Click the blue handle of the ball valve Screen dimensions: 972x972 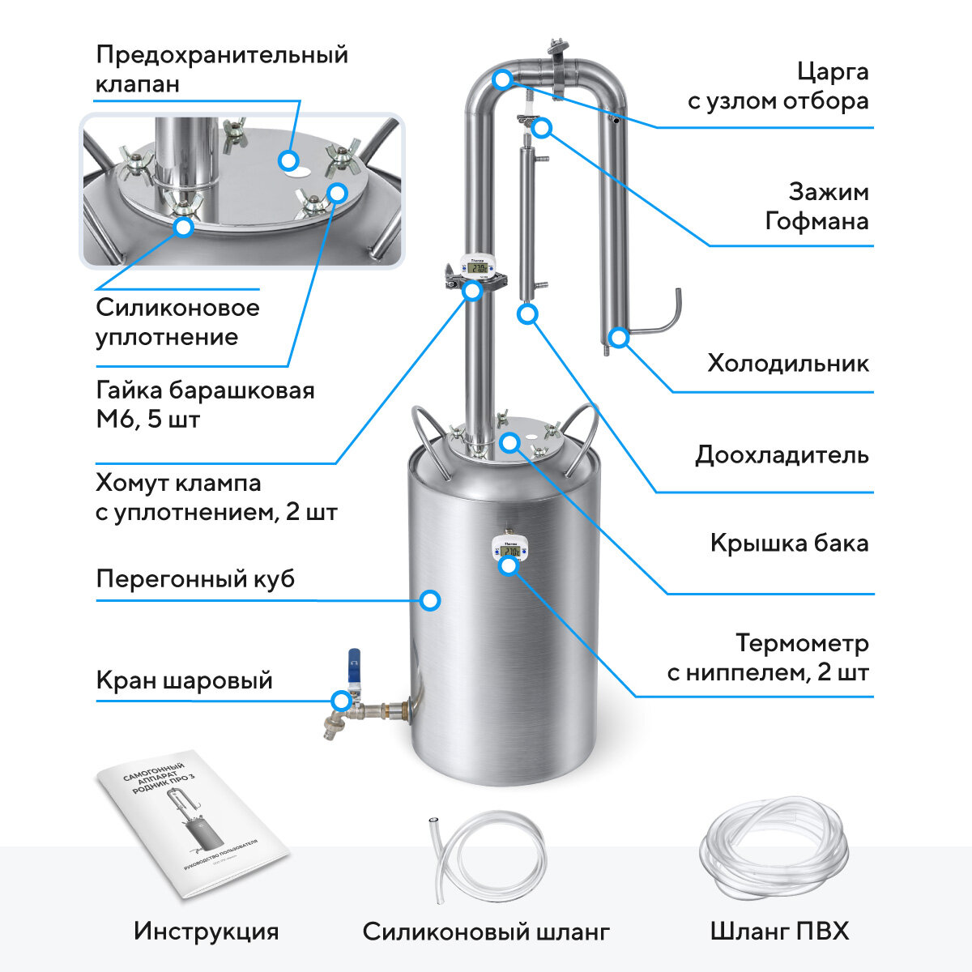pyautogui.click(x=354, y=666)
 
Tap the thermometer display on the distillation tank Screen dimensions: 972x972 pyautogui.click(x=510, y=551)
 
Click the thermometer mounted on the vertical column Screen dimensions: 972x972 pyautogui.click(x=480, y=267)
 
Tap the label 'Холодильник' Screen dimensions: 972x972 pyautogui.click(x=787, y=362)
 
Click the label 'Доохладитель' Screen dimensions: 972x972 pyautogui.click(x=782, y=454)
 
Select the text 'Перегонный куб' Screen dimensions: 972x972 pyautogui.click(x=195, y=579)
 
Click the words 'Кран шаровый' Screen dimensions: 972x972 pyautogui.click(x=184, y=680)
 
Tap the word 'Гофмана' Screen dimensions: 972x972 pyautogui.click(x=816, y=220)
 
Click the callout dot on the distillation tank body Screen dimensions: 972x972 pyautogui.click(x=431, y=600)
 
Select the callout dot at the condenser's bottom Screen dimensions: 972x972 pyautogui.click(x=618, y=337)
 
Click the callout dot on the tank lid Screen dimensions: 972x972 pyautogui.click(x=509, y=441)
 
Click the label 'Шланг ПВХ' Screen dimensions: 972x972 pyautogui.click(x=779, y=932)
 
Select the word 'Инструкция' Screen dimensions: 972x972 pyautogui.click(x=206, y=932)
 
